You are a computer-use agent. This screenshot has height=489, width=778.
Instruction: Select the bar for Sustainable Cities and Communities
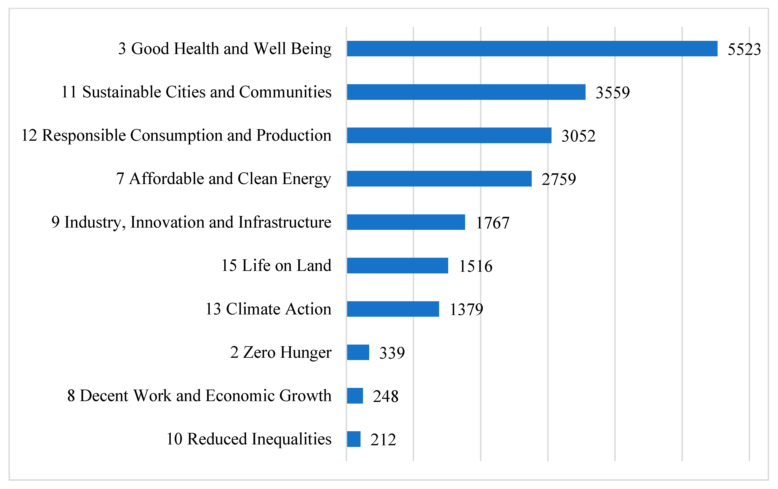[x=466, y=92]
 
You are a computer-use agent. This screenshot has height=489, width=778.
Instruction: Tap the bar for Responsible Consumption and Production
[x=449, y=135]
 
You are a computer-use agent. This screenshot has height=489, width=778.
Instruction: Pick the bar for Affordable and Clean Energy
[x=439, y=179]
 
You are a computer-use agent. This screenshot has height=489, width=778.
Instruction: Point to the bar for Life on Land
[x=397, y=266]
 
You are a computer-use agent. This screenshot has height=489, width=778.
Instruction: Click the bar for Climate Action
[x=393, y=309]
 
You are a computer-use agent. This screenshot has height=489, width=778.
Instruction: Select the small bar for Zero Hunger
[x=358, y=352]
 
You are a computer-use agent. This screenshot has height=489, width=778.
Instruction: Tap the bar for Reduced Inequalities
[x=354, y=439]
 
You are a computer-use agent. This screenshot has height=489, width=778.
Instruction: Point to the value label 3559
[x=613, y=93]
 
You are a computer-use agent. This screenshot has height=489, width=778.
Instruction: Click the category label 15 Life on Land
[x=276, y=266]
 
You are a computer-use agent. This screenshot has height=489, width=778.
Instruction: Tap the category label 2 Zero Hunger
[x=281, y=352]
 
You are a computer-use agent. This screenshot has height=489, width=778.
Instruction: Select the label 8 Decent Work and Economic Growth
[x=199, y=396]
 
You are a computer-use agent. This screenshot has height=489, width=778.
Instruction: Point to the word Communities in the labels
[x=285, y=92]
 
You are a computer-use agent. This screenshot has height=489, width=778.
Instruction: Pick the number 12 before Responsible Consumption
[x=29, y=135]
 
